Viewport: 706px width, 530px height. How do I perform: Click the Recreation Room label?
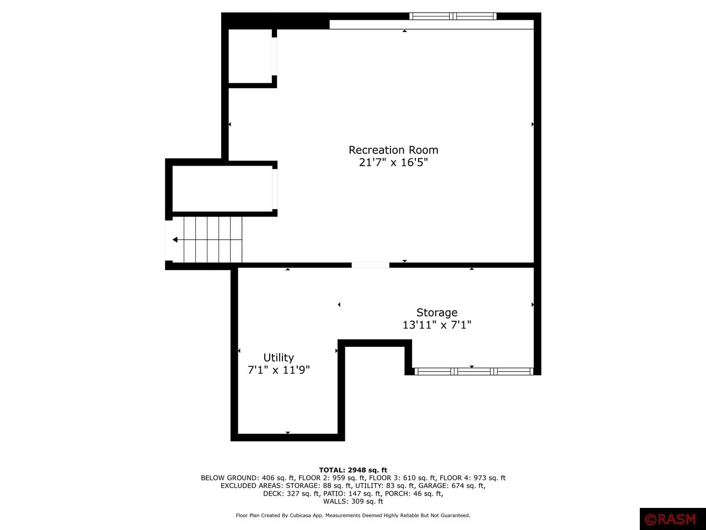pos(393,150)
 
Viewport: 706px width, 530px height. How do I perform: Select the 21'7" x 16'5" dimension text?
pos(393,163)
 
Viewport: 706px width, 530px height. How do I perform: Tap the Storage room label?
pos(436,312)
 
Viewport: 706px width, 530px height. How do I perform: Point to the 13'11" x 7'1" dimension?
pos(436,325)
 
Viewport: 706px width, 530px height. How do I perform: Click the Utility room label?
pos(279,357)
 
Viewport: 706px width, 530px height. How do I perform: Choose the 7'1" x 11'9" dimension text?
pos(279,370)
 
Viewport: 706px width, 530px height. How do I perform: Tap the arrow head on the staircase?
pos(175,240)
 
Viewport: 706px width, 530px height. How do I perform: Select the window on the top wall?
pos(453,16)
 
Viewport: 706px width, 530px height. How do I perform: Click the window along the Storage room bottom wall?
pos(474,372)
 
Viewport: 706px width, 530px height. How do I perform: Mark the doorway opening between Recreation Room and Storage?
pos(370,265)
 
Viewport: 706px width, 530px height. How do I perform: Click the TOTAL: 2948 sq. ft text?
pos(353,470)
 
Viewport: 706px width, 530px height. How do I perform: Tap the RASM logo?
pos(672,519)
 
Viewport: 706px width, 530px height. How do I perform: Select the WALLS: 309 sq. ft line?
pos(353,501)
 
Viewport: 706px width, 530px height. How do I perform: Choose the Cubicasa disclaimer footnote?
pos(353,515)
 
